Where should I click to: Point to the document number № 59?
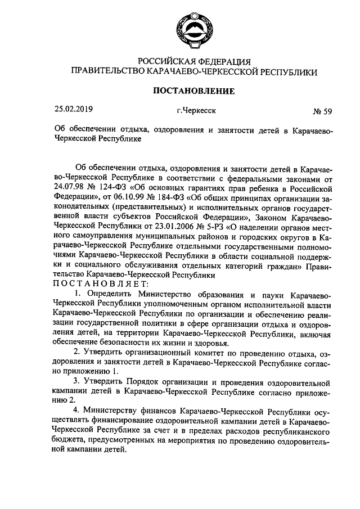[x=322, y=111]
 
